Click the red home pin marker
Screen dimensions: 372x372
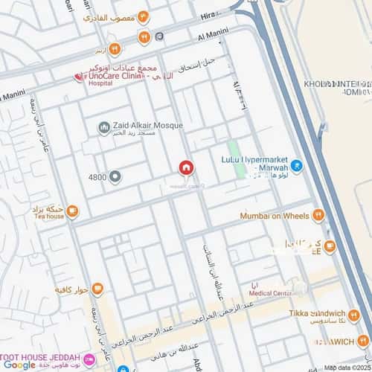(x=185, y=168)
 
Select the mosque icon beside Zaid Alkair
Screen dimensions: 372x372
(x=103, y=127)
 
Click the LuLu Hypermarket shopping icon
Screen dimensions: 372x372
(x=297, y=166)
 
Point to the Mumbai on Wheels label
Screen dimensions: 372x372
(x=274, y=216)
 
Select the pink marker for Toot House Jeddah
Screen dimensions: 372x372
(x=89, y=359)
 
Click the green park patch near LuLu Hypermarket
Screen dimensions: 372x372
(x=237, y=159)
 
